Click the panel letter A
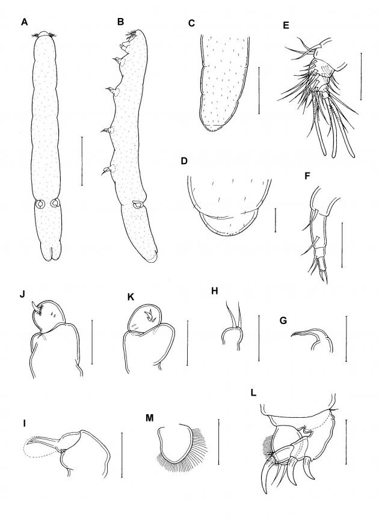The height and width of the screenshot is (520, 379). point(24,22)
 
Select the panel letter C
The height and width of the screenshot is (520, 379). point(191,23)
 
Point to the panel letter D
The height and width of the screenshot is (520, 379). point(184,161)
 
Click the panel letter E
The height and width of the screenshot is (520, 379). point(286,25)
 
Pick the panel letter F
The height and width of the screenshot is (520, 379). point(307,176)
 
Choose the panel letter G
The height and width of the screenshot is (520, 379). point(283,321)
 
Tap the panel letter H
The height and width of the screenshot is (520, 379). point(215,291)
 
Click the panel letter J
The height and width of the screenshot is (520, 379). point(23,294)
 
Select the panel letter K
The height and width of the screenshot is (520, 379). point(131,297)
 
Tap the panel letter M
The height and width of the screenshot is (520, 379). point(150,418)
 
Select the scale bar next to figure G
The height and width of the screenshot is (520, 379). point(346,338)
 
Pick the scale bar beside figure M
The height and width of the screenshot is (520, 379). point(219,442)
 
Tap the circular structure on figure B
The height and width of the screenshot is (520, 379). point(137,204)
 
